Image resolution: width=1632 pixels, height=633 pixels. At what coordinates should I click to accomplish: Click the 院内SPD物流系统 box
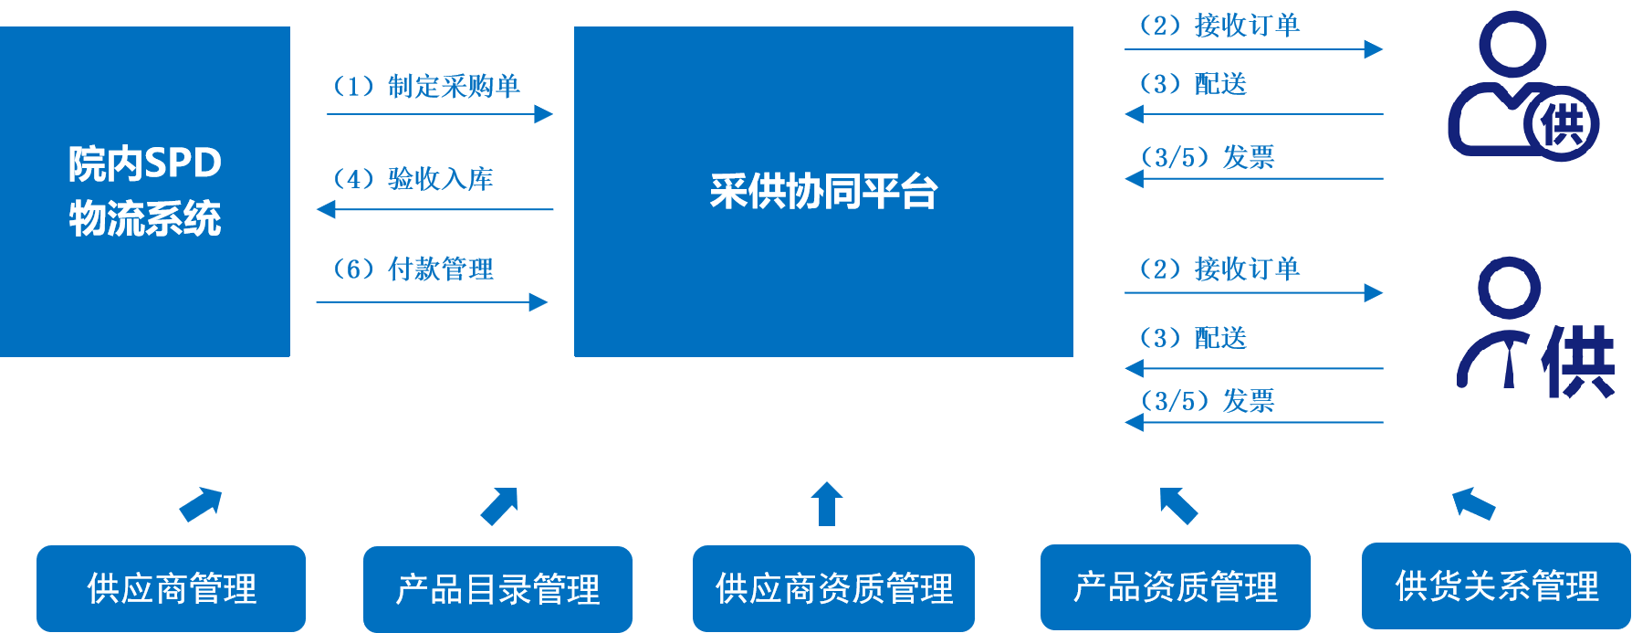point(144,191)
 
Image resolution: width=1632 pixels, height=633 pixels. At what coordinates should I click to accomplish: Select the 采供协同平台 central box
point(823,191)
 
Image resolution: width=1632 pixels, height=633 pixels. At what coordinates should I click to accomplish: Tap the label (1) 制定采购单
point(425,86)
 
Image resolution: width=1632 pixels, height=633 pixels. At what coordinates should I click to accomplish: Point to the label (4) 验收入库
point(413,178)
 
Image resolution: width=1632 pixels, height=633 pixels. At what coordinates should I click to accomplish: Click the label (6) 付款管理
point(413,269)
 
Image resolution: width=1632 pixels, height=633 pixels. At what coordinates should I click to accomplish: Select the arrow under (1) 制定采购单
point(440,114)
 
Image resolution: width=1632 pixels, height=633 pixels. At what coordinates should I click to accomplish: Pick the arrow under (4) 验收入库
point(434,210)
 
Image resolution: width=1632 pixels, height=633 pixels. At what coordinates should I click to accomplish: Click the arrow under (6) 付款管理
point(433,301)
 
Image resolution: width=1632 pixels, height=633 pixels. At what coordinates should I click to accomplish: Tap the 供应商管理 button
point(171,588)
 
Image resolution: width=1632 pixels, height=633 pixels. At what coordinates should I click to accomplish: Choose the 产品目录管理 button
point(497,589)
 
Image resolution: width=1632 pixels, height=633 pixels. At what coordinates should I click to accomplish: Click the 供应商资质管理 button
point(833,588)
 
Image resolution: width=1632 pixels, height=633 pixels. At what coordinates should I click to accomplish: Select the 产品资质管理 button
point(1175,587)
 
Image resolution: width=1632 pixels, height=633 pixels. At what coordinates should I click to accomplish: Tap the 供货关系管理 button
point(1496,586)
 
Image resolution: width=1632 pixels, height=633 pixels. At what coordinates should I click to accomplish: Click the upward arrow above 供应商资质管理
point(827,503)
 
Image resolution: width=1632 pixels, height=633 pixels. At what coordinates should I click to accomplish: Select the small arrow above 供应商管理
point(202,503)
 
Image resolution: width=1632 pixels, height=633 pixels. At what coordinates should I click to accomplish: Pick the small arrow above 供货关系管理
point(1472,502)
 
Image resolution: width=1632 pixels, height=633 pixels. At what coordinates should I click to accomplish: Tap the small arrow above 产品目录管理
point(500,505)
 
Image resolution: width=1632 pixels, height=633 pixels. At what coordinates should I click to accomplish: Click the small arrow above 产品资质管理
point(1177,504)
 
